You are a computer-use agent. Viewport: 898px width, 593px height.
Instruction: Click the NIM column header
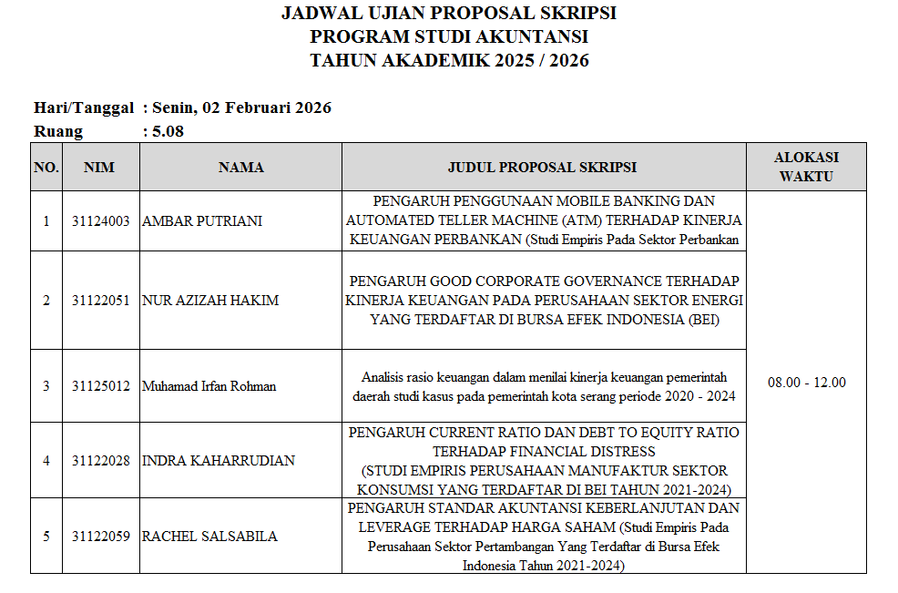click(x=99, y=168)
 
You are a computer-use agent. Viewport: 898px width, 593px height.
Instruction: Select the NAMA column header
click(x=241, y=168)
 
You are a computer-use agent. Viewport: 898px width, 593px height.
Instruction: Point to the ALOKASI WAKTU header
click(x=806, y=167)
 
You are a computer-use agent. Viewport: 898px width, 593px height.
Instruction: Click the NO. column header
click(x=46, y=168)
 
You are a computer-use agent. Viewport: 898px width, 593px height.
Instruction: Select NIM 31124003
click(x=100, y=221)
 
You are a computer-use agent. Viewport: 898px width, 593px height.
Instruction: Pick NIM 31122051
click(x=100, y=301)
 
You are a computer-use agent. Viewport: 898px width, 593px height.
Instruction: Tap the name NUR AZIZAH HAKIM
click(x=210, y=301)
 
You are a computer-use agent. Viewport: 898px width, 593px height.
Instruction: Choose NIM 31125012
click(x=100, y=386)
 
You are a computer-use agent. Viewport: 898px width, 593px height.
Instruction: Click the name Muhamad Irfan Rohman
click(x=209, y=386)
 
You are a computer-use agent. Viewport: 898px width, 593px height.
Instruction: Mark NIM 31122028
click(x=100, y=461)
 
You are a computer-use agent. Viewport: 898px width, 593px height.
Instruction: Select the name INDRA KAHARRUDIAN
click(x=219, y=461)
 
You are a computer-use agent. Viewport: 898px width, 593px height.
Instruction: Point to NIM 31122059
click(x=100, y=537)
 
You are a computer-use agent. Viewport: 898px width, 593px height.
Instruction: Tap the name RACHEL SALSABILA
click(x=209, y=537)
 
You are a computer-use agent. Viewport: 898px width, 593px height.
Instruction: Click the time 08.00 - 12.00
click(x=806, y=383)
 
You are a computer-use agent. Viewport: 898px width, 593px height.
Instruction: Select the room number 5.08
click(x=168, y=131)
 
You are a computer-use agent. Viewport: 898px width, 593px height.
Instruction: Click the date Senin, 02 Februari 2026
click(x=241, y=107)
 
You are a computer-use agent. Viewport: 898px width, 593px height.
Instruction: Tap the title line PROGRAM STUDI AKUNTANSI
click(x=449, y=37)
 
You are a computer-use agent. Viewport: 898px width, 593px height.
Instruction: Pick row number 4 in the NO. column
click(x=46, y=461)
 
